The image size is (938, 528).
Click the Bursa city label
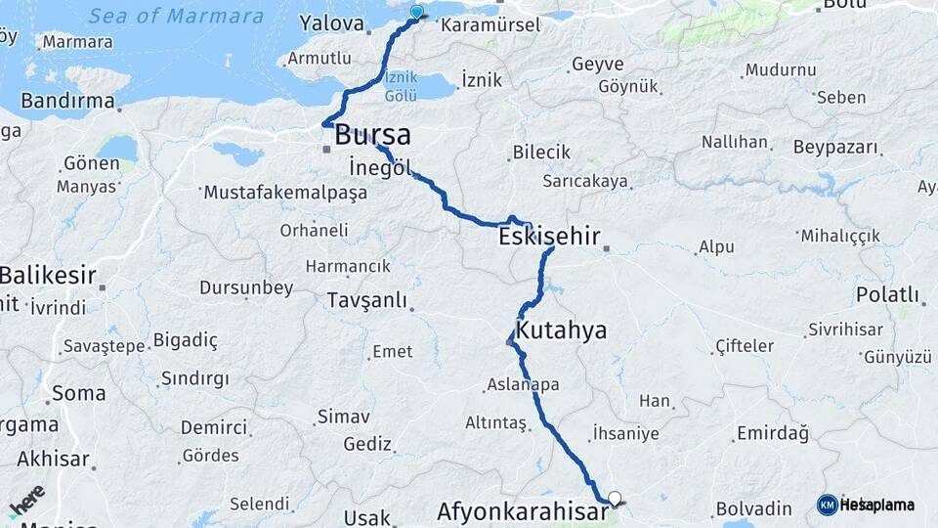tap(372, 136)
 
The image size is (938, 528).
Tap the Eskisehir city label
tap(548, 236)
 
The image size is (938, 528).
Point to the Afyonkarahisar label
tap(521, 511)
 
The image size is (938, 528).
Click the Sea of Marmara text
tap(176, 16)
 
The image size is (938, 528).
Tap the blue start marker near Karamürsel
tap(417, 12)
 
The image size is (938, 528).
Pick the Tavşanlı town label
tap(366, 300)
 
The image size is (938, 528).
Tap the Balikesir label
tap(49, 276)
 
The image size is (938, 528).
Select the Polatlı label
tap(887, 294)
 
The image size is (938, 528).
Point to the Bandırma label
tap(68, 101)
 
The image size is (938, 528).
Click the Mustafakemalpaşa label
tap(284, 193)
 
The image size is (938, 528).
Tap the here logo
tap(27, 501)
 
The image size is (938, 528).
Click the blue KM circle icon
tap(827, 505)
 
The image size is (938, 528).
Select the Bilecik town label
tap(540, 153)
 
